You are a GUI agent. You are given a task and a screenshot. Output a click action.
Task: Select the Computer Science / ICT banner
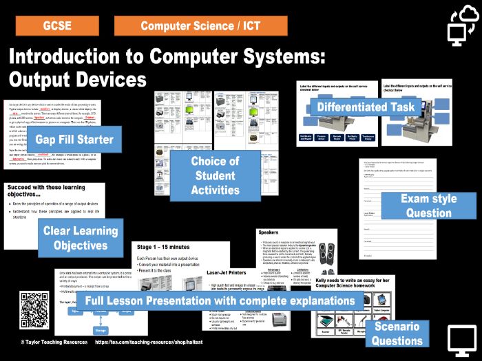click(200, 26)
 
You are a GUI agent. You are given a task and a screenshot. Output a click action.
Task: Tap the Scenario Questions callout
click(398, 333)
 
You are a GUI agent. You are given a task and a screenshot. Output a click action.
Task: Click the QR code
click(34, 311)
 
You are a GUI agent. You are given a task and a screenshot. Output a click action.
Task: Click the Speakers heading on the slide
click(268, 234)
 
